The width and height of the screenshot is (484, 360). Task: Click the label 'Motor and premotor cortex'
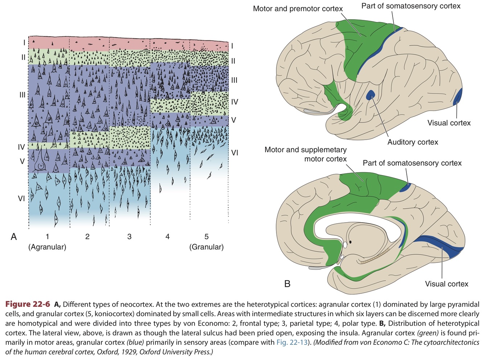click(x=298, y=9)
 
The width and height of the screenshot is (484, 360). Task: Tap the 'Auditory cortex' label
click(x=413, y=142)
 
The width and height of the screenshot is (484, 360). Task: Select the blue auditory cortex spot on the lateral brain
click(x=370, y=95)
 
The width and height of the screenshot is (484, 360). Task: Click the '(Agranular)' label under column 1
click(x=47, y=247)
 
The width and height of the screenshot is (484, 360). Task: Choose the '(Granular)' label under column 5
click(x=206, y=247)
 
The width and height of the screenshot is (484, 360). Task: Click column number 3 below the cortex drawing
click(x=129, y=237)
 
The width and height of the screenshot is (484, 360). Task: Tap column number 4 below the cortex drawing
click(x=167, y=237)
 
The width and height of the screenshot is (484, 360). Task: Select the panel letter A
click(x=14, y=237)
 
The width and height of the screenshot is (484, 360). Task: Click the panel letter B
click(x=287, y=284)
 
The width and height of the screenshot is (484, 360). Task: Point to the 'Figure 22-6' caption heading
click(x=28, y=304)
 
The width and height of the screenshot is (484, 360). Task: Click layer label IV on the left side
click(x=21, y=147)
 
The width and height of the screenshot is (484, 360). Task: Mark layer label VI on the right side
click(x=235, y=153)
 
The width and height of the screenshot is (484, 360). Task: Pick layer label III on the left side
click(x=22, y=95)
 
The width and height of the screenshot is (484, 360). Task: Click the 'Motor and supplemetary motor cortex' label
click(x=305, y=154)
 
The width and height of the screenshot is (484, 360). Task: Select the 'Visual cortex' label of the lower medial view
click(x=446, y=284)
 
